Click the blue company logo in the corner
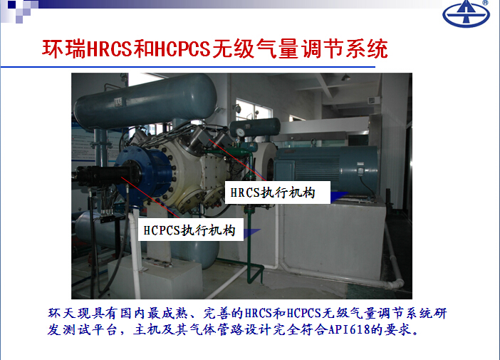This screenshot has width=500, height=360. pyautogui.click(x=466, y=14)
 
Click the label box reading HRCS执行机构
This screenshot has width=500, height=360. pyautogui.click(x=278, y=192)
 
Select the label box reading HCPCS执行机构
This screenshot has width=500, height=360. pyautogui.click(x=191, y=230)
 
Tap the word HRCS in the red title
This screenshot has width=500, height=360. pyautogui.click(x=110, y=49)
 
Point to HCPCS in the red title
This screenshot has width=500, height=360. pyautogui.click(x=182, y=49)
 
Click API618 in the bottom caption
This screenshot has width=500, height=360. pyautogui.click(x=350, y=329)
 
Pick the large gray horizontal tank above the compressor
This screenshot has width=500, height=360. pyautogui.click(x=145, y=101)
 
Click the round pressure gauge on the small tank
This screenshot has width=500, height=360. pyautogui.click(x=240, y=132)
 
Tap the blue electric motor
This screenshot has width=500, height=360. pyautogui.click(x=325, y=169)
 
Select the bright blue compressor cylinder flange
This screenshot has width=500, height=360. pyautogui.click(x=143, y=175)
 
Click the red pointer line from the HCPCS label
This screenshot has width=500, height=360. pyautogui.click(x=150, y=197)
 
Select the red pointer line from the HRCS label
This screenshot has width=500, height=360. pyautogui.click(x=238, y=160)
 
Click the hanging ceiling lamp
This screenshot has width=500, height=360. pyautogui.click(x=345, y=77)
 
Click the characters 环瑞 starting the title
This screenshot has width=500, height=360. pyautogui.click(x=64, y=49)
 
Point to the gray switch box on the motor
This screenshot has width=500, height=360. pyautogui.click(x=360, y=168)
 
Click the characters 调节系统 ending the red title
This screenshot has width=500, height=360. pyautogui.click(x=345, y=49)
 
